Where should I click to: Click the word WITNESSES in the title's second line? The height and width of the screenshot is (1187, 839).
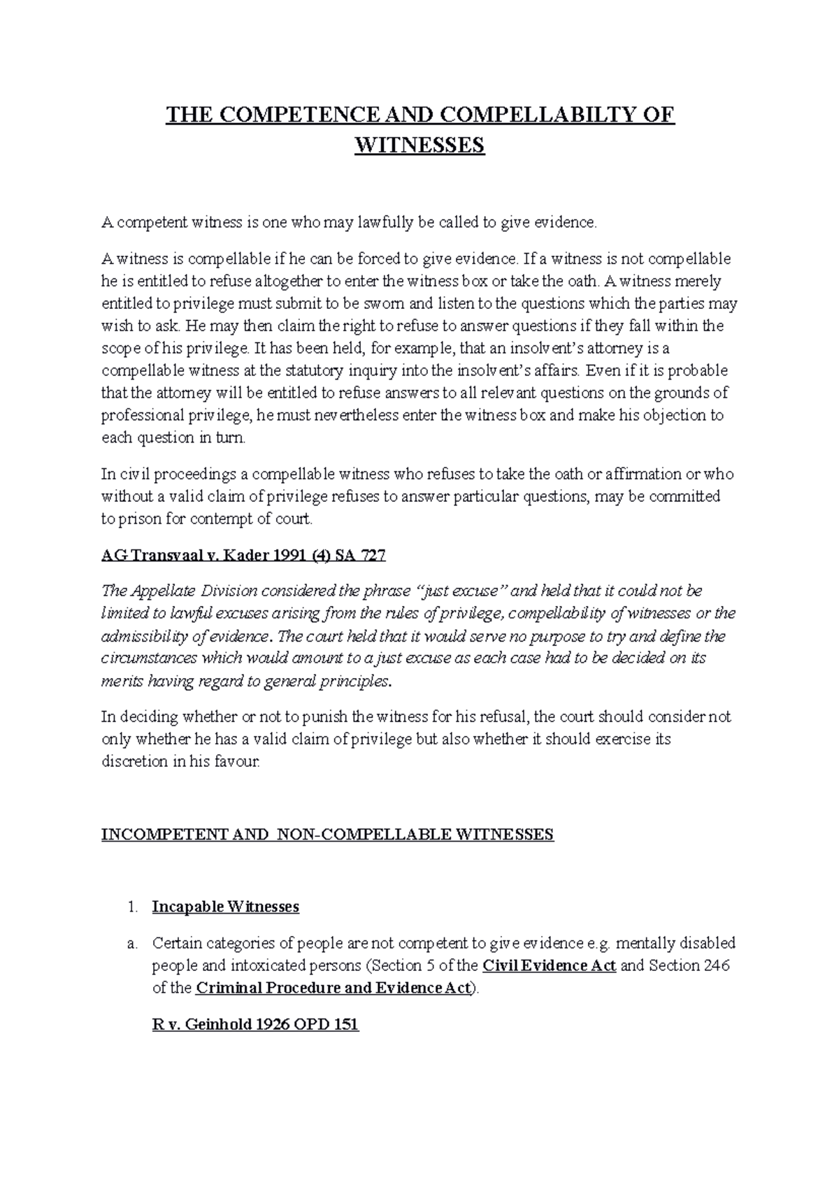pyautogui.click(x=419, y=145)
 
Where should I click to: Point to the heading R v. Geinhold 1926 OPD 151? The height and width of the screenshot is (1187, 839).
pyautogui.click(x=255, y=1025)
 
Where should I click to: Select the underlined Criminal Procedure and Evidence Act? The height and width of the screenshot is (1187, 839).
pyautogui.click(x=335, y=988)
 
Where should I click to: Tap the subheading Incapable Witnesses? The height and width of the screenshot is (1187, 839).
pyautogui.click(x=226, y=907)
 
